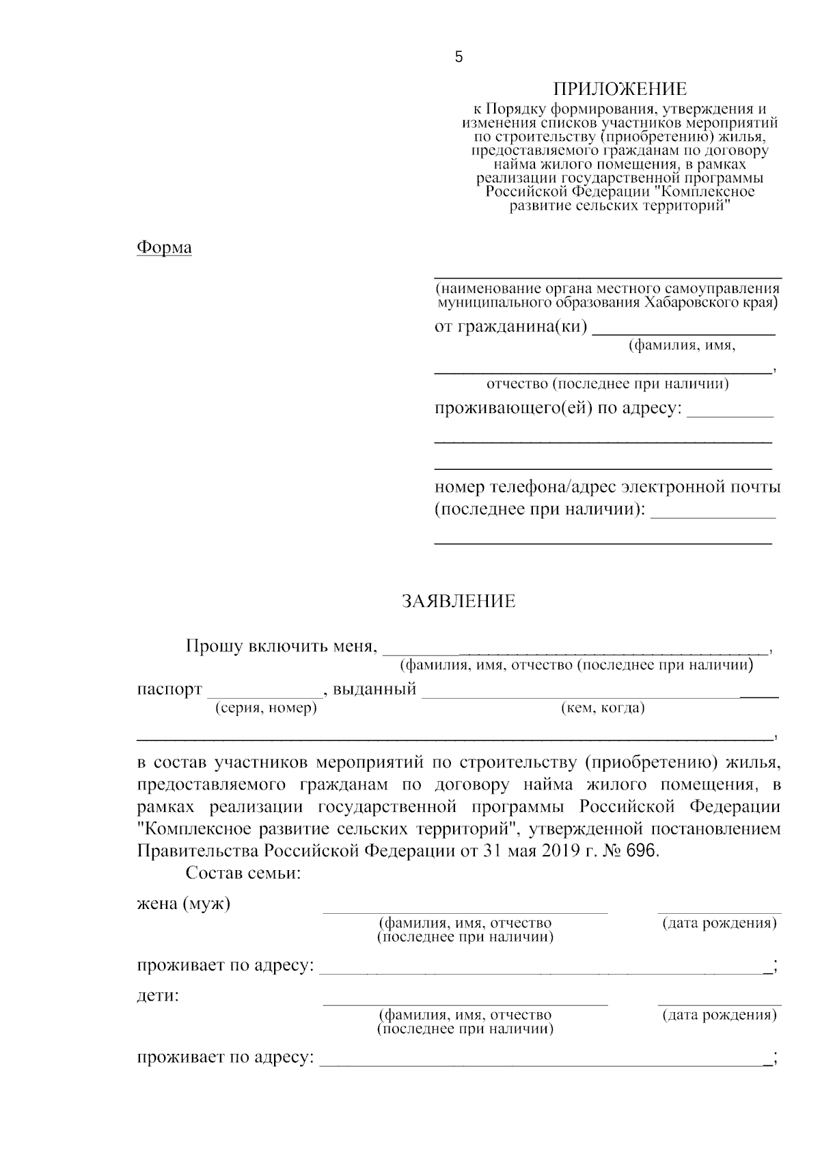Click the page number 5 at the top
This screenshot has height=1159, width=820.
point(459,57)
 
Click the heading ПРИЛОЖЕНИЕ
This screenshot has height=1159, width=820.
point(619,89)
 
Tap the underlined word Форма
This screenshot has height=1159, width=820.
point(164,247)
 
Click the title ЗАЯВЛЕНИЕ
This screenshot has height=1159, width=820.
point(458,602)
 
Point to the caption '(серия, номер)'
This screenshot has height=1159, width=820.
point(266,708)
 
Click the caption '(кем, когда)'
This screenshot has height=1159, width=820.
point(603,708)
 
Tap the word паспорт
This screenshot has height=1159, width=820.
point(169,689)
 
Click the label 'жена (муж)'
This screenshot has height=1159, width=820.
point(184,904)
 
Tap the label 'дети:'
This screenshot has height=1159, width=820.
point(158,996)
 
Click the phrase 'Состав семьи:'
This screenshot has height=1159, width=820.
point(243,874)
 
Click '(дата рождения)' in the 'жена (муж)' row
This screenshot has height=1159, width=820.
point(719,923)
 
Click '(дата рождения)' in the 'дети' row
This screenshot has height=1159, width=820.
point(719,1015)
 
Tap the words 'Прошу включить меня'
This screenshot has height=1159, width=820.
point(280,646)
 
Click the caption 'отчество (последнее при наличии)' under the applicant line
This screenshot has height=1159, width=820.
point(607,384)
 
